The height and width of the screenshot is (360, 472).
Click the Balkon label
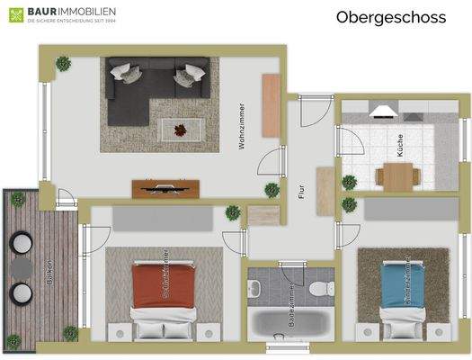49,271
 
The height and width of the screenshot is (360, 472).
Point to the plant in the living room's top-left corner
63,64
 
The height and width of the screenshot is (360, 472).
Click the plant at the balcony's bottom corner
13,341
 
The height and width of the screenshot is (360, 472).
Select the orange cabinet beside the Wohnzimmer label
272,104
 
